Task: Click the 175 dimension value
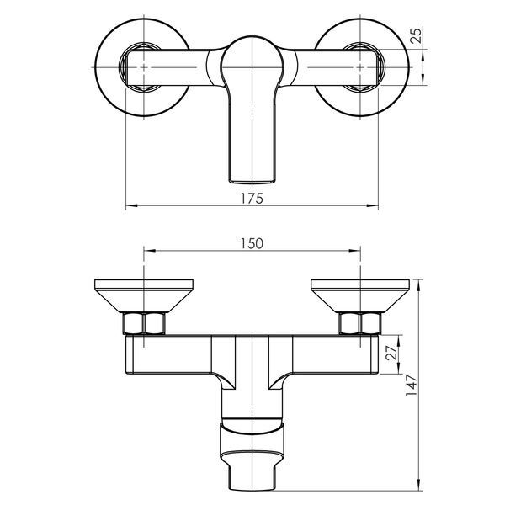point(252,198)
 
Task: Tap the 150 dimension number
point(252,243)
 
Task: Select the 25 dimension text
point(416,35)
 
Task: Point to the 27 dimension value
point(391,353)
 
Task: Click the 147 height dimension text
point(412,385)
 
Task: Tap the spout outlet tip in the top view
point(252,181)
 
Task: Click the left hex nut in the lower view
point(144,323)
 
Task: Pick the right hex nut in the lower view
point(360,323)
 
